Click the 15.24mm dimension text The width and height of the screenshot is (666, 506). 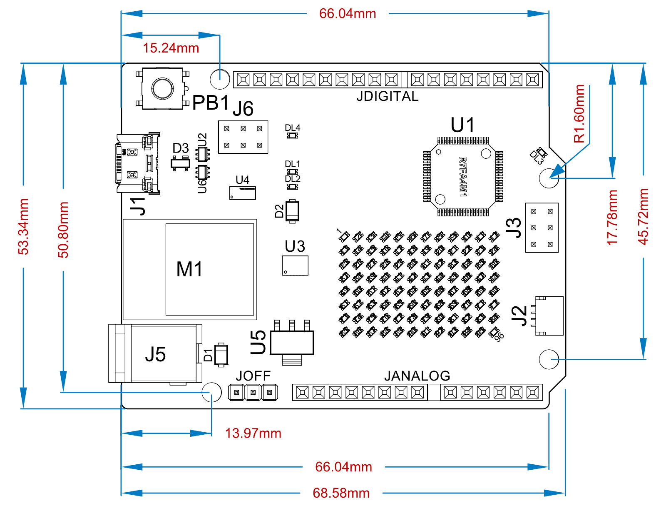click(171, 48)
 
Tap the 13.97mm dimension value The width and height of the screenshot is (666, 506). click(253, 433)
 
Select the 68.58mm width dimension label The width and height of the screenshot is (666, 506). click(341, 493)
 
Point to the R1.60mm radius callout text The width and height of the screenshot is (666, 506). click(579, 113)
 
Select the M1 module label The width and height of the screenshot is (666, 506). click(189, 269)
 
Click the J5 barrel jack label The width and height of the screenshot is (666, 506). click(155, 355)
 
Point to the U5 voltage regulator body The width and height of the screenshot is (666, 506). click(292, 343)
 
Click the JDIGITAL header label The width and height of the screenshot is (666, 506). click(387, 96)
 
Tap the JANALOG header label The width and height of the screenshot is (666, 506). click(417, 376)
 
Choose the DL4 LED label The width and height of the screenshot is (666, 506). click(292, 128)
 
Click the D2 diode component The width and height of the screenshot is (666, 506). click(292, 211)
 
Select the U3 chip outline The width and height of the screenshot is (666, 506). click(295, 266)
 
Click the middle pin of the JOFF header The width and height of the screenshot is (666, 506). click(253, 392)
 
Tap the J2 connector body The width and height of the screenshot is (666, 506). click(549, 316)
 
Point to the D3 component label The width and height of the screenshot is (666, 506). click(181, 148)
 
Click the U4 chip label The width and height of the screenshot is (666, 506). click(242, 180)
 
